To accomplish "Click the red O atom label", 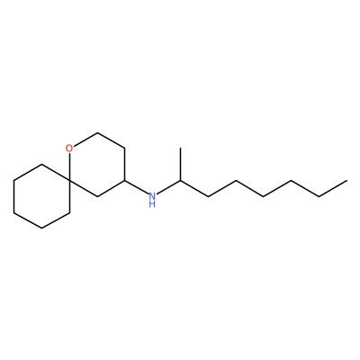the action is point(69,148).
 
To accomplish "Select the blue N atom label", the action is point(152,196).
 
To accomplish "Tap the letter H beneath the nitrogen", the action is point(152,204).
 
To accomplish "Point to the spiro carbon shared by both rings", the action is point(69,181).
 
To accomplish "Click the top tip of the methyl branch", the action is point(181,148).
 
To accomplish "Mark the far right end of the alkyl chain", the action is point(346,181).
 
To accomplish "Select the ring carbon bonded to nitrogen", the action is point(125,181).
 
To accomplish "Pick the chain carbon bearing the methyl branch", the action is point(181,181).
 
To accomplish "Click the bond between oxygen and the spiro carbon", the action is point(69,166).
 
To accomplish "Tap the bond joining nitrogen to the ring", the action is point(137,187).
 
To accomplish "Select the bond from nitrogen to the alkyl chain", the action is point(169,187).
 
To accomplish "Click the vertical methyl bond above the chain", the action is point(181,165).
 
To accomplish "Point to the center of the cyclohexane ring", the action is point(41,196).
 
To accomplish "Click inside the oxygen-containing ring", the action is point(97,165).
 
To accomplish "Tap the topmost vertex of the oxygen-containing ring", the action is point(97,132).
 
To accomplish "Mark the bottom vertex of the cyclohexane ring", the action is point(41,229).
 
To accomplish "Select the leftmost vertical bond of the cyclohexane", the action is point(13,196).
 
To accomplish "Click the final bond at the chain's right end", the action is point(333,188).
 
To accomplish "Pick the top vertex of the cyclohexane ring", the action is point(41,165).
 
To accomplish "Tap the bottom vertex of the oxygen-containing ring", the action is point(97,196).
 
